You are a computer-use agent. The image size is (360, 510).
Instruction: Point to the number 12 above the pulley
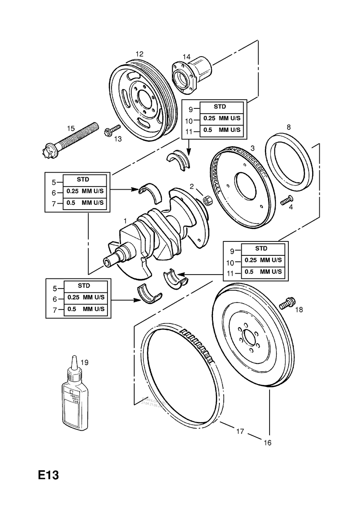[139, 54]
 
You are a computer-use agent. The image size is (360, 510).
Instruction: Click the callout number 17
[239, 431]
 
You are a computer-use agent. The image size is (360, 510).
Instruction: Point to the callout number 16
[267, 443]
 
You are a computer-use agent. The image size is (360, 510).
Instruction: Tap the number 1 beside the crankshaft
[125, 220]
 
